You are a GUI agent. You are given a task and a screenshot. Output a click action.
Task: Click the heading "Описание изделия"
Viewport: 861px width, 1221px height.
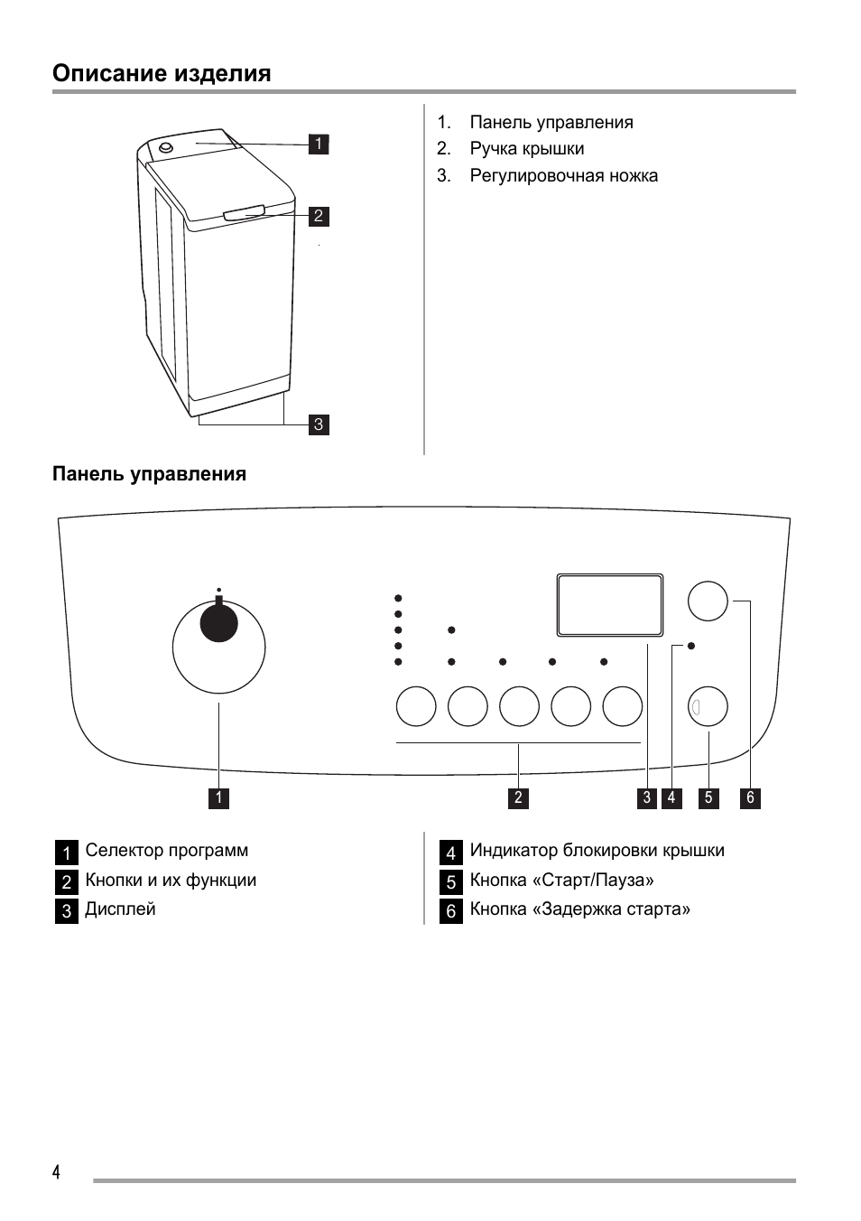pos(162,73)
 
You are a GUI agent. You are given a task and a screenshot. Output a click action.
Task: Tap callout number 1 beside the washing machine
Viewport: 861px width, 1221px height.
pos(318,144)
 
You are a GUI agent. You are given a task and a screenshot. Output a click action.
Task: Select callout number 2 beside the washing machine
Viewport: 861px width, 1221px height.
pos(318,216)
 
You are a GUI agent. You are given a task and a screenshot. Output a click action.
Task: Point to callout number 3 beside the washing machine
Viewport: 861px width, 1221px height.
pos(318,424)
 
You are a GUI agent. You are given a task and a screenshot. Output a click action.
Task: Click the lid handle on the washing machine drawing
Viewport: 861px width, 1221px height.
pos(244,212)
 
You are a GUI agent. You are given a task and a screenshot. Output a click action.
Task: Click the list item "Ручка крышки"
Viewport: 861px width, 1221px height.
pos(526,149)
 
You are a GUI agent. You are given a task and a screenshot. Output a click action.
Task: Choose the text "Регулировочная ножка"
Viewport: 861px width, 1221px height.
pos(563,176)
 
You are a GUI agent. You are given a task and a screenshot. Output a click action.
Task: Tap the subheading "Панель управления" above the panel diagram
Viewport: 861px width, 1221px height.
pos(149,474)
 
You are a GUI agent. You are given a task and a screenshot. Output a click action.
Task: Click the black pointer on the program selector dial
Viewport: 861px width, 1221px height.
pos(218,621)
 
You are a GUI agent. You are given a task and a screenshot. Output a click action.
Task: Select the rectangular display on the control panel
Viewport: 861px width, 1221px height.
pos(610,604)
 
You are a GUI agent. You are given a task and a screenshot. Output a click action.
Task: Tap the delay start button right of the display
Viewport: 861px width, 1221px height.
pos(708,601)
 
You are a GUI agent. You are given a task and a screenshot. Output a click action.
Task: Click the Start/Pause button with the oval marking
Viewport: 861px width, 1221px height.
pos(708,707)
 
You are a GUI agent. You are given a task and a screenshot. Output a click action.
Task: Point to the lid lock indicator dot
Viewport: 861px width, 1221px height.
pos(691,646)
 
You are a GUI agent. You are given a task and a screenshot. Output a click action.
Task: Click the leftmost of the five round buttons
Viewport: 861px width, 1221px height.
pos(416,706)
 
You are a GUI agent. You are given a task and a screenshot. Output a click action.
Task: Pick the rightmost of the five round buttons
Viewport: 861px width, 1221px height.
pos(623,706)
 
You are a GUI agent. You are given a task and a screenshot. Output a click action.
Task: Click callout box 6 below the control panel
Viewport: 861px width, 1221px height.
pos(750,797)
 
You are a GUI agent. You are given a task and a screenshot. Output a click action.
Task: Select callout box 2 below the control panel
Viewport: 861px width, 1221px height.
pos(518,797)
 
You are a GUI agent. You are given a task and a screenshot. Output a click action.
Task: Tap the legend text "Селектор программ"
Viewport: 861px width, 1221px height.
pos(166,851)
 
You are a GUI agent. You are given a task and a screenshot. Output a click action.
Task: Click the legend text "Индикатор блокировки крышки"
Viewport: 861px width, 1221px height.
pos(597,851)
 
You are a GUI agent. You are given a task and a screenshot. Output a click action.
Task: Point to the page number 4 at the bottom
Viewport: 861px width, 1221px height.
pos(57,1172)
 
